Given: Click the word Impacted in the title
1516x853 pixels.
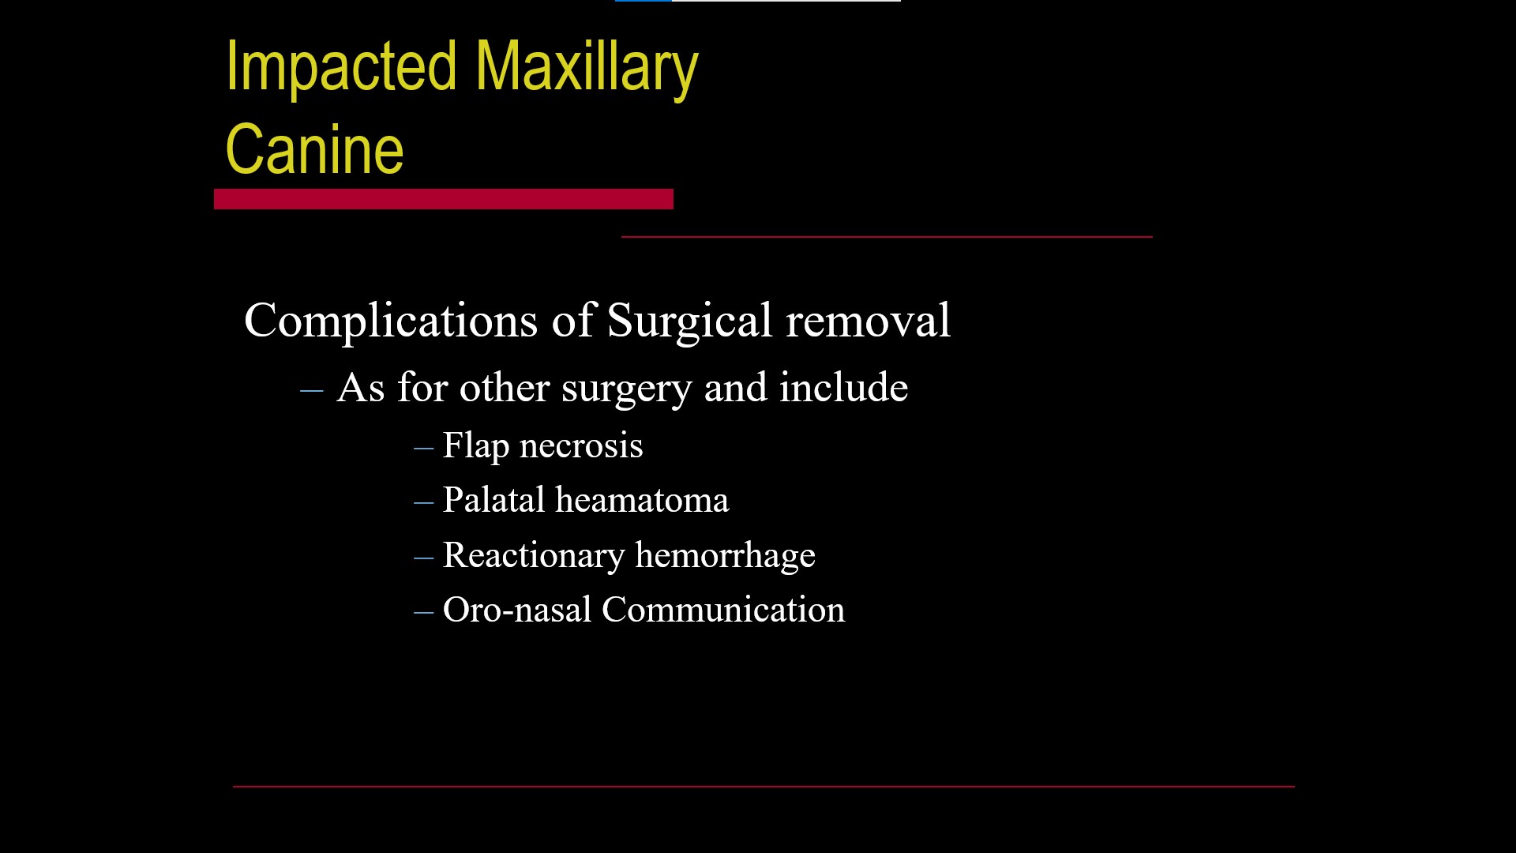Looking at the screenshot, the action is coord(341,69).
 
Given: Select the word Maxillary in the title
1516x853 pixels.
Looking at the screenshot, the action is coord(587,69).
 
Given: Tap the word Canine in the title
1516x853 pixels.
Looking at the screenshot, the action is coord(314,149).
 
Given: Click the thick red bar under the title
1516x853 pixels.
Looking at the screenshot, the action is coord(444,199).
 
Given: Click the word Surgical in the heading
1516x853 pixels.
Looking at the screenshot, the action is coord(689,321).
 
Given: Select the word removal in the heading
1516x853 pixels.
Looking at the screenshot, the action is coord(869,321).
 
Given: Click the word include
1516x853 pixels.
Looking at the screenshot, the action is coord(844,387).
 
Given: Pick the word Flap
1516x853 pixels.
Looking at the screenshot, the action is coord(476,446).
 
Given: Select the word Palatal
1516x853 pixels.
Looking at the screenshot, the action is coord(494,500).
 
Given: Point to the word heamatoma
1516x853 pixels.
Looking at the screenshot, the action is coord(642,500).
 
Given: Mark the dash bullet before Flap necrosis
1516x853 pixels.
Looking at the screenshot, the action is coord(424,448).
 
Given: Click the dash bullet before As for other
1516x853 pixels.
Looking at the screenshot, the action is coord(312,389).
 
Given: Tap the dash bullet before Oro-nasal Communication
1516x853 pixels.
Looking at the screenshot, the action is coord(424,612).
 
